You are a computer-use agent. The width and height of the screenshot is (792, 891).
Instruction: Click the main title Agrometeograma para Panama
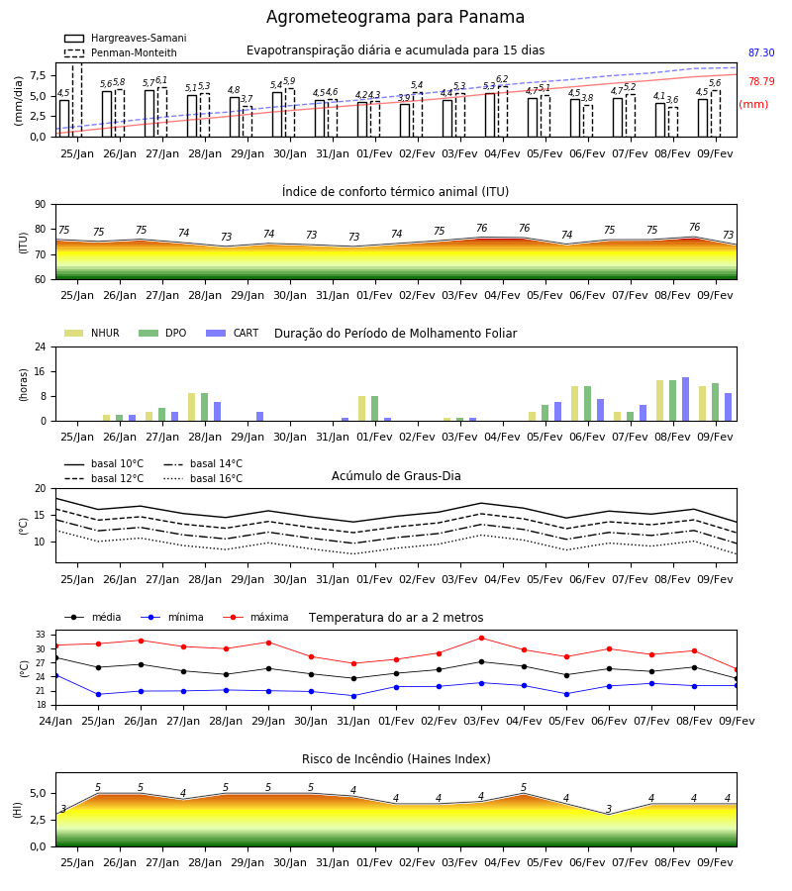coord(395,17)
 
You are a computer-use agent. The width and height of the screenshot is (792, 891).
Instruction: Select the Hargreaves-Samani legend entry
coord(125,38)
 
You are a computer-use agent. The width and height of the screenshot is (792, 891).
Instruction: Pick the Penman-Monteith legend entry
coord(121,52)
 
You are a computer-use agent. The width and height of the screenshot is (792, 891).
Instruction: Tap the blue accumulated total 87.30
coord(761,52)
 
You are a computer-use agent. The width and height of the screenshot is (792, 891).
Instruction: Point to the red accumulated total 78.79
coord(761,81)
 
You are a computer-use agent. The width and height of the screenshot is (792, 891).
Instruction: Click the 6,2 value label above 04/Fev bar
coord(502,79)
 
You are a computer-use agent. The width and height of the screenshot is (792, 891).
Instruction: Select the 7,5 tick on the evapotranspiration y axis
coord(38,75)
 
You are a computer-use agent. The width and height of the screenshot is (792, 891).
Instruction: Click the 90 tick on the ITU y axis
coord(41,205)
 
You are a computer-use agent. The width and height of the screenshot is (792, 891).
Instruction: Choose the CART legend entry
coord(233,333)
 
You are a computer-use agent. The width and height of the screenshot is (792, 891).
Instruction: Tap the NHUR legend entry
coord(92,333)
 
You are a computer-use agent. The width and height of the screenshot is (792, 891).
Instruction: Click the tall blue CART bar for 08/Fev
coord(686,399)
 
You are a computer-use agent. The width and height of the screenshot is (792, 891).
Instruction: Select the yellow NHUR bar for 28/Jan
coord(191,407)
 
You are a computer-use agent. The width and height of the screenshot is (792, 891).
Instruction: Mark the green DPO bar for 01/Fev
coord(375,409)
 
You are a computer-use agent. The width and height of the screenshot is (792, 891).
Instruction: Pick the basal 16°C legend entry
coord(203,478)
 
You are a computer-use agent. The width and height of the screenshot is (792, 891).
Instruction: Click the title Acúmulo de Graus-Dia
coord(396,476)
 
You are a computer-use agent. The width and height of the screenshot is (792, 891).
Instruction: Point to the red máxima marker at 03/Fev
coord(482,639)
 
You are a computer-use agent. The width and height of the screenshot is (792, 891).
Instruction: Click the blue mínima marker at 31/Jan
coord(354,696)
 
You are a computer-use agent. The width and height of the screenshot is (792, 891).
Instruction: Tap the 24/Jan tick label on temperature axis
coord(55,721)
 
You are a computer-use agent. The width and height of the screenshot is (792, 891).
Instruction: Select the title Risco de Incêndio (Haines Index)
coord(396,759)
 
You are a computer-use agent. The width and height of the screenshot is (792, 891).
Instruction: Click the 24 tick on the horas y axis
coord(41,346)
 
